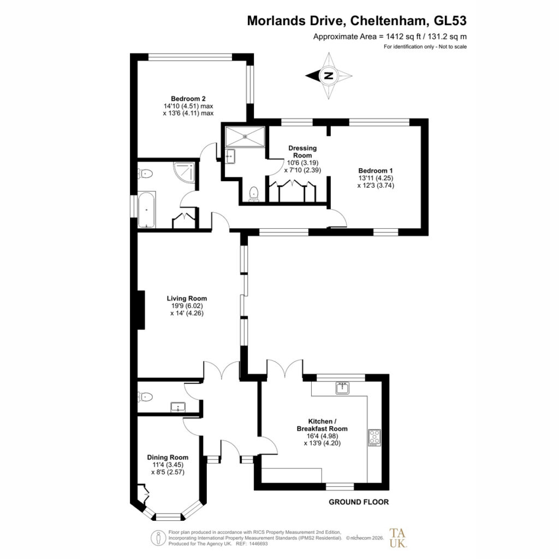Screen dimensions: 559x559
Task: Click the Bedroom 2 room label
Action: click(x=188, y=99)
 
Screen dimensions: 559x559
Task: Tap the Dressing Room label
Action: click(x=302, y=152)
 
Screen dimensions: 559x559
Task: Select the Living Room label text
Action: click(x=187, y=299)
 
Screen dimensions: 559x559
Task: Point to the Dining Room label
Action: click(x=168, y=457)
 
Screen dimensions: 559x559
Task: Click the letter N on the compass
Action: click(x=328, y=75)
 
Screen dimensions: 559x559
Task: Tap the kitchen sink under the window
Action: click(x=342, y=388)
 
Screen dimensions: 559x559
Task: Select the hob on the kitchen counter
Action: click(x=374, y=437)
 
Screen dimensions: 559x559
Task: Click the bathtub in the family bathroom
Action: click(x=146, y=210)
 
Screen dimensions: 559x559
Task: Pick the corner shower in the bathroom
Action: click(x=185, y=172)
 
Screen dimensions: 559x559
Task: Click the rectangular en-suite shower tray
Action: click(x=245, y=136)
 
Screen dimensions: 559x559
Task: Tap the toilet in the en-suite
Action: click(x=253, y=194)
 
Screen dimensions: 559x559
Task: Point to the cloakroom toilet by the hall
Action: click(x=145, y=396)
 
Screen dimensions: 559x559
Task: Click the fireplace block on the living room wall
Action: click(x=141, y=310)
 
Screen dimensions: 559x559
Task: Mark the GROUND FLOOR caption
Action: click(x=359, y=502)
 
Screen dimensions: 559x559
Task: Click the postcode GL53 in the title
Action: click(x=450, y=21)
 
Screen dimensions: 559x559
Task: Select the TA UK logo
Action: click(x=398, y=538)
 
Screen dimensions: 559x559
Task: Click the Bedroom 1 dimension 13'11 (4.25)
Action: click(x=376, y=178)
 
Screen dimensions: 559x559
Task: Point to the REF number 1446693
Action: click(x=259, y=544)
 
